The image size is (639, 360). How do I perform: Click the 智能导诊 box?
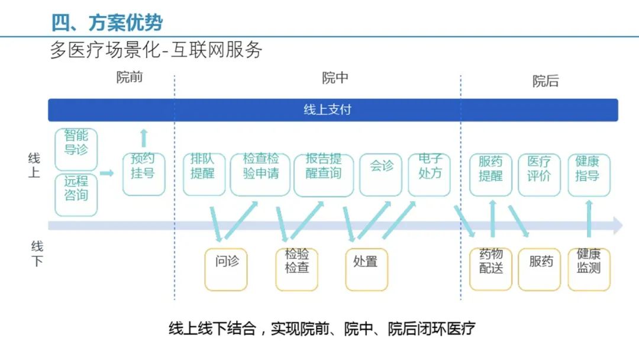click(76, 149)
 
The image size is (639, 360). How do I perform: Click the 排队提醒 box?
click(204, 174)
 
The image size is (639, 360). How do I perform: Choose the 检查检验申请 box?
click(260, 174)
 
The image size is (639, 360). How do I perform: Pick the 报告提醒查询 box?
click(323, 174)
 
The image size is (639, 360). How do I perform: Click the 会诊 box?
click(380, 174)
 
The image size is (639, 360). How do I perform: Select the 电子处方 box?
click(429, 174)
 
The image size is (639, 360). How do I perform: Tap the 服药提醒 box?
click(490, 174)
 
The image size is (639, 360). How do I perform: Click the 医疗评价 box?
click(539, 174)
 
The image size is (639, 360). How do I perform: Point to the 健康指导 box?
click(588, 174)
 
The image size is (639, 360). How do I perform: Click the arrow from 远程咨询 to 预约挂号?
click(107, 173)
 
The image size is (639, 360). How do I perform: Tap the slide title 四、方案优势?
click(107, 22)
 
